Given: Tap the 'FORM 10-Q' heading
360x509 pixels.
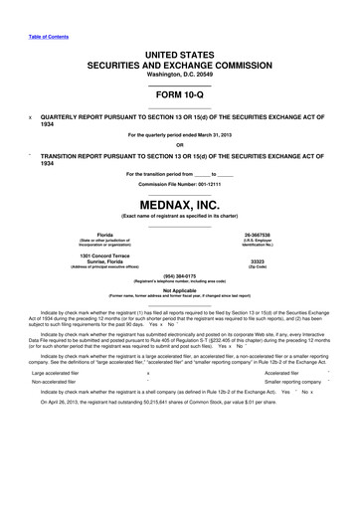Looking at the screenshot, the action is (x=180, y=91).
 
